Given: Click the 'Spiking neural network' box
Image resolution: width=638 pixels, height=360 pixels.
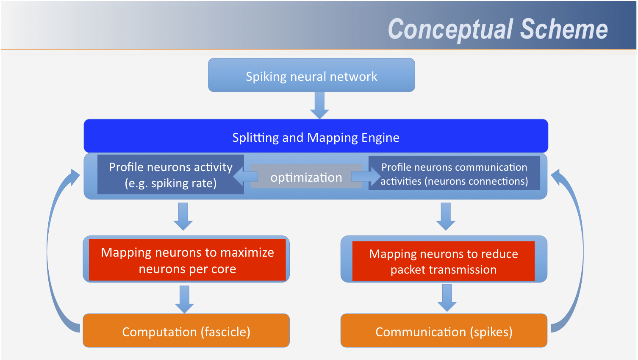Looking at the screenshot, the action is click(x=311, y=75).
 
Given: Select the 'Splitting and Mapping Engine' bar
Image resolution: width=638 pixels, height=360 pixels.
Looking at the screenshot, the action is click(x=316, y=136).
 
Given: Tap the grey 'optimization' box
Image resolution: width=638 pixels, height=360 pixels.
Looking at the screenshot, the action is click(x=306, y=176).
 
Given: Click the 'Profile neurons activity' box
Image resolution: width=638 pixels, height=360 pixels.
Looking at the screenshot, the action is click(x=171, y=174).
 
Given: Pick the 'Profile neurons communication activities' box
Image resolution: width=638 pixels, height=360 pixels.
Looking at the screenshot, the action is click(x=454, y=173).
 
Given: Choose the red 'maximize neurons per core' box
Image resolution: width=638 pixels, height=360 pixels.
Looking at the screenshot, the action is click(x=187, y=260).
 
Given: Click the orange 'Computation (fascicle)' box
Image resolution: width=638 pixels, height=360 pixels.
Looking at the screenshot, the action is click(x=186, y=330).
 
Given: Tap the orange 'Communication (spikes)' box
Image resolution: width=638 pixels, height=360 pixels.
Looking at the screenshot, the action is click(x=444, y=330).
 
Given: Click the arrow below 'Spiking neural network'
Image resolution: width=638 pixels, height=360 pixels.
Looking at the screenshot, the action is click(x=319, y=105).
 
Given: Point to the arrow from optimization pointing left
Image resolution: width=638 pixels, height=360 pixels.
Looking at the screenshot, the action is click(x=245, y=177).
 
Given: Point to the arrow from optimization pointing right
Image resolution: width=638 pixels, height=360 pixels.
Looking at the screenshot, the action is click(x=366, y=177).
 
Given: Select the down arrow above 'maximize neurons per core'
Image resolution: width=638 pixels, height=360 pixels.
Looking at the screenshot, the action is click(x=183, y=216).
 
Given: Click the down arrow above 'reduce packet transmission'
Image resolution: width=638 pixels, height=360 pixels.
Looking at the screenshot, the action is click(x=446, y=216).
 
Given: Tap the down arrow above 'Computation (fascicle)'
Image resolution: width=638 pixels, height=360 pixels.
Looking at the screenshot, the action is click(x=185, y=299).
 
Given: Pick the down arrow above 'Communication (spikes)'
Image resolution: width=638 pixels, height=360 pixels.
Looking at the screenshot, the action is click(x=447, y=298).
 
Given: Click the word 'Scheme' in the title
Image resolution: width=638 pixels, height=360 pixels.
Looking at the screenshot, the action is click(x=564, y=29).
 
